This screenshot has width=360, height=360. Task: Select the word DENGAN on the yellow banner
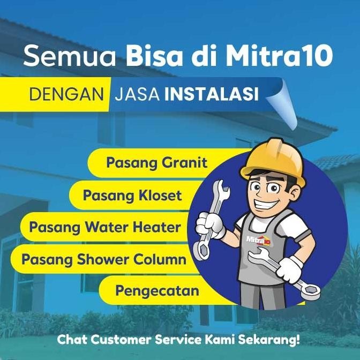(66, 94)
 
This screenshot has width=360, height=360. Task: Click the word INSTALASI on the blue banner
(212, 94)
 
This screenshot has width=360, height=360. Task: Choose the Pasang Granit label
(156, 162)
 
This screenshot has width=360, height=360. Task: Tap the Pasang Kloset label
(132, 195)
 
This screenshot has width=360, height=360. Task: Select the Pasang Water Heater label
(105, 227)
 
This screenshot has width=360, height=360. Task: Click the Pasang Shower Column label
(104, 259)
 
